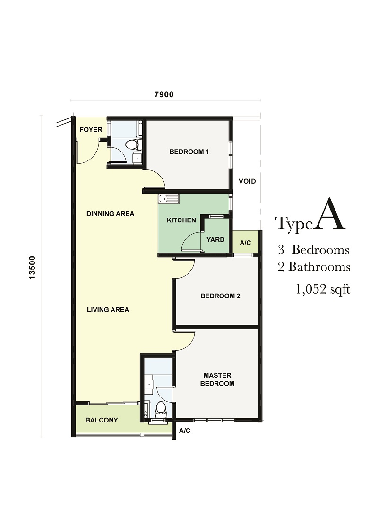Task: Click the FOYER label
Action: (91, 130)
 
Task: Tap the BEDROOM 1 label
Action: (189, 152)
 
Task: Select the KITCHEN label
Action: (181, 220)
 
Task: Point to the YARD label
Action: (215, 239)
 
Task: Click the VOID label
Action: (247, 181)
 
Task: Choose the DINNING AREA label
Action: (111, 214)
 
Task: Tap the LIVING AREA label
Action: (108, 310)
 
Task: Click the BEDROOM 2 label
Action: (220, 296)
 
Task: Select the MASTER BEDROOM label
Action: (217, 380)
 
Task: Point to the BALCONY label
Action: (102, 420)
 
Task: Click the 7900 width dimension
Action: (164, 95)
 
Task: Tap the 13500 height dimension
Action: (32, 268)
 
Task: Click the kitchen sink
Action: (169, 198)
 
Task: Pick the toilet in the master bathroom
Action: (160, 410)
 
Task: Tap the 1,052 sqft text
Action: (323, 289)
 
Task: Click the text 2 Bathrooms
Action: (314, 267)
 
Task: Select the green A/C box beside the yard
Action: (246, 242)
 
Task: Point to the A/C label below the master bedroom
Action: (185, 431)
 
